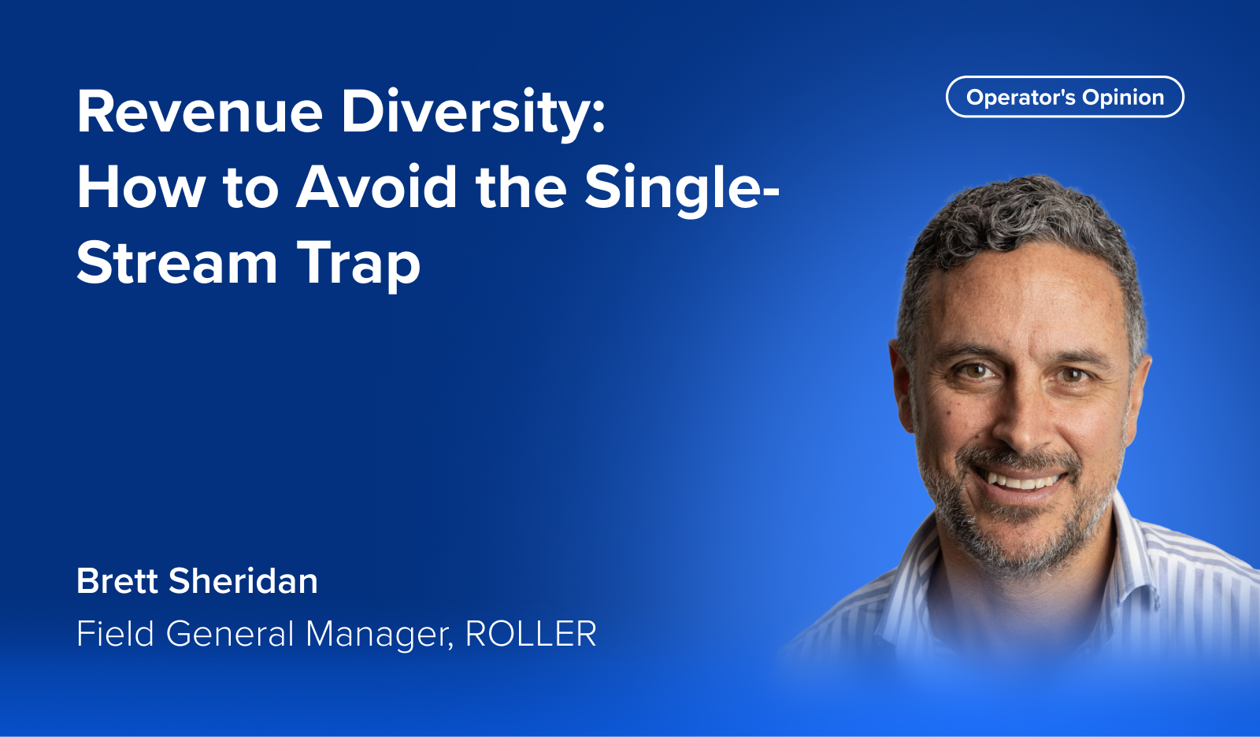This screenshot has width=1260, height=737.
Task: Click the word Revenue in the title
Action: coord(199,113)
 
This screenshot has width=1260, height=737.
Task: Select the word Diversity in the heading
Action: coord(472,113)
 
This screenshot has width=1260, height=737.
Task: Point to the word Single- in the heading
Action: coord(681,188)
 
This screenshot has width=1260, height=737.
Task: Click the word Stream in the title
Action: coord(177,264)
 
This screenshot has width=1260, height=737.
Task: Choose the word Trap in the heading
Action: coord(358,264)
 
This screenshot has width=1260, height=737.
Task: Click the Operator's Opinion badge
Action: coord(1065,97)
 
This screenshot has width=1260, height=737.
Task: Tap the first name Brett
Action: coord(117,581)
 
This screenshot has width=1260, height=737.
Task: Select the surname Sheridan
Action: coord(243,581)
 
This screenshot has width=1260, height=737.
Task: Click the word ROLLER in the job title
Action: coord(531,634)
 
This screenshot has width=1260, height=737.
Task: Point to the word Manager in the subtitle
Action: coord(380,634)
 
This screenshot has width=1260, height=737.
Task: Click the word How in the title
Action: coord(140,188)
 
